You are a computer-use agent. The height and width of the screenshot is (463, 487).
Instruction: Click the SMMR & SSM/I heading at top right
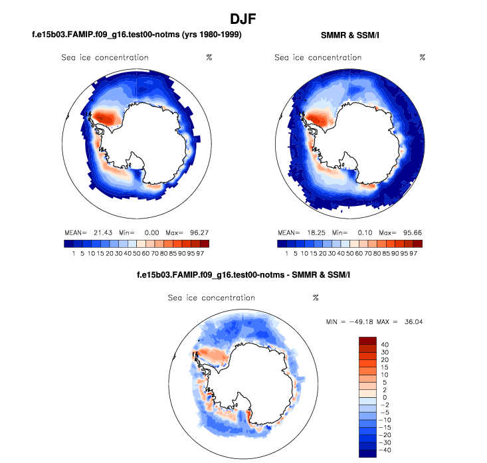(349, 35)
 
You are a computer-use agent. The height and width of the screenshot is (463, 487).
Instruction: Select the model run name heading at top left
(137, 35)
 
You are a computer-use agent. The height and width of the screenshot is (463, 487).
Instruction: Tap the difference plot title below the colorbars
(243, 275)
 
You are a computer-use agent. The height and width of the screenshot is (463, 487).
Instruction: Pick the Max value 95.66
(409, 233)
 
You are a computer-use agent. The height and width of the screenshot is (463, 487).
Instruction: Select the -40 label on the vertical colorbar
(386, 450)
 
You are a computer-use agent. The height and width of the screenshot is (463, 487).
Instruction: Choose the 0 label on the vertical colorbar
(385, 397)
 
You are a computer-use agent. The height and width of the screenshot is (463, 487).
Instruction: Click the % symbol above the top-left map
(209, 57)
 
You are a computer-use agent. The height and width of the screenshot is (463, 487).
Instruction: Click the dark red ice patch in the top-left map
(104, 118)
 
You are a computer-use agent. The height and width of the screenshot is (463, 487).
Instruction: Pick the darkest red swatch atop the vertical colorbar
(368, 341)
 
